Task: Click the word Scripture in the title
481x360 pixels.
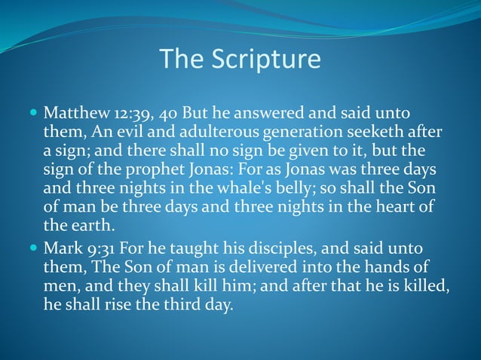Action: point(268,59)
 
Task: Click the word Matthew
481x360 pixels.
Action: point(74,114)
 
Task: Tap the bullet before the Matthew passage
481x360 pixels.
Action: point(33,114)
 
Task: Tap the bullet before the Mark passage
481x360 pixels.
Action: point(33,249)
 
